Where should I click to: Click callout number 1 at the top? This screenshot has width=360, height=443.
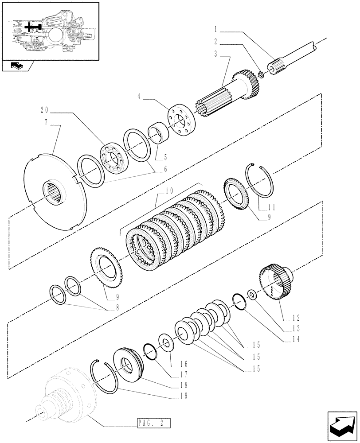[x=215, y=31]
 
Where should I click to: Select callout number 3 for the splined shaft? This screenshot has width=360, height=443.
[x=215, y=54]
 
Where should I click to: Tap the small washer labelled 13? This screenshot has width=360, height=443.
[x=251, y=295]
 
